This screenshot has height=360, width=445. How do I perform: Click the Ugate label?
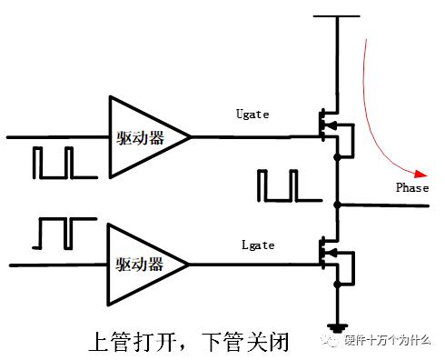pyautogui.click(x=252, y=115)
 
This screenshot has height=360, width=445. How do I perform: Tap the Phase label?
pyautogui.click(x=411, y=188)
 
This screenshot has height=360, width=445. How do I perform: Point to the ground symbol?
pyautogui.click(x=338, y=326)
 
